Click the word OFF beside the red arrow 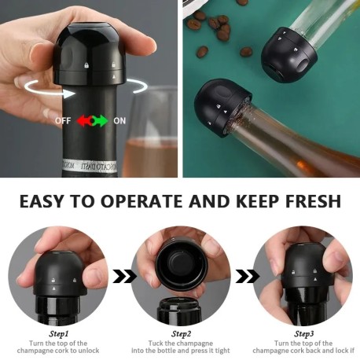[63, 121]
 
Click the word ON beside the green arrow [119, 121]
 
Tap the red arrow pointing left [83, 121]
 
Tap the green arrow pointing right [101, 121]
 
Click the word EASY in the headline [42, 201]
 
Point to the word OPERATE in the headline [142, 201]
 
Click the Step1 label [59, 334]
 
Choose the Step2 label [182, 334]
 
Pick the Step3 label [304, 334]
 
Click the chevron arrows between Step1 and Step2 [124, 276]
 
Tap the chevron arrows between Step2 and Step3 [247, 276]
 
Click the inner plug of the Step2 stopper [182, 264]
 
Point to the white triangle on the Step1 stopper [54, 288]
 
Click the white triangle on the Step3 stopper [315, 279]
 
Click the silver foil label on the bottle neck [90, 166]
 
